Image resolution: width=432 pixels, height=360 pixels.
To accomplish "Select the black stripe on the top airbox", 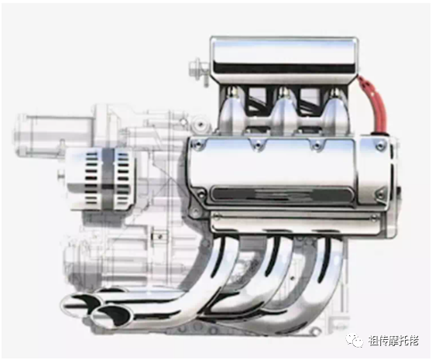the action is click(284, 68).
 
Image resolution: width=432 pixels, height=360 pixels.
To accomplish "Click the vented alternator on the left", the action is click(100, 178).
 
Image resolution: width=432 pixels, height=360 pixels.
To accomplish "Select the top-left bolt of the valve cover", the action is click(197, 143).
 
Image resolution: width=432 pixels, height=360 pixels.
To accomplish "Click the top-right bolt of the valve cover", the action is click(381, 143).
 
